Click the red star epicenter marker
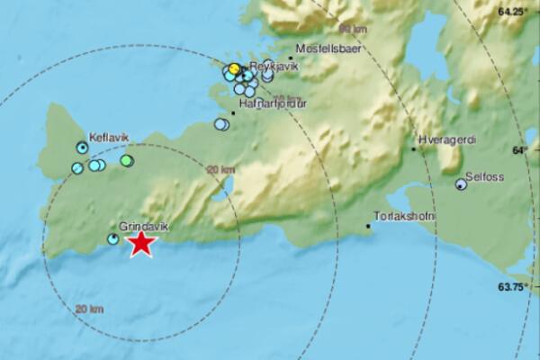(x=140, y=243)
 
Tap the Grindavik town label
(x=139, y=228)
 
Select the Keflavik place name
(x=109, y=137)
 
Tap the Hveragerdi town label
(x=446, y=140)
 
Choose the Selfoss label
(x=484, y=176)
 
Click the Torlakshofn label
(x=402, y=216)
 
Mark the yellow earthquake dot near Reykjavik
(x=234, y=68)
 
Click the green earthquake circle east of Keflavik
(x=127, y=161)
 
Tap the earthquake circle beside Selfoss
(x=461, y=184)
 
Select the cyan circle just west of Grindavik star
(x=112, y=239)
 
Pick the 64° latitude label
(x=521, y=150)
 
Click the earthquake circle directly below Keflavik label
(x=83, y=147)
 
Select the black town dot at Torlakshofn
(x=369, y=226)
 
